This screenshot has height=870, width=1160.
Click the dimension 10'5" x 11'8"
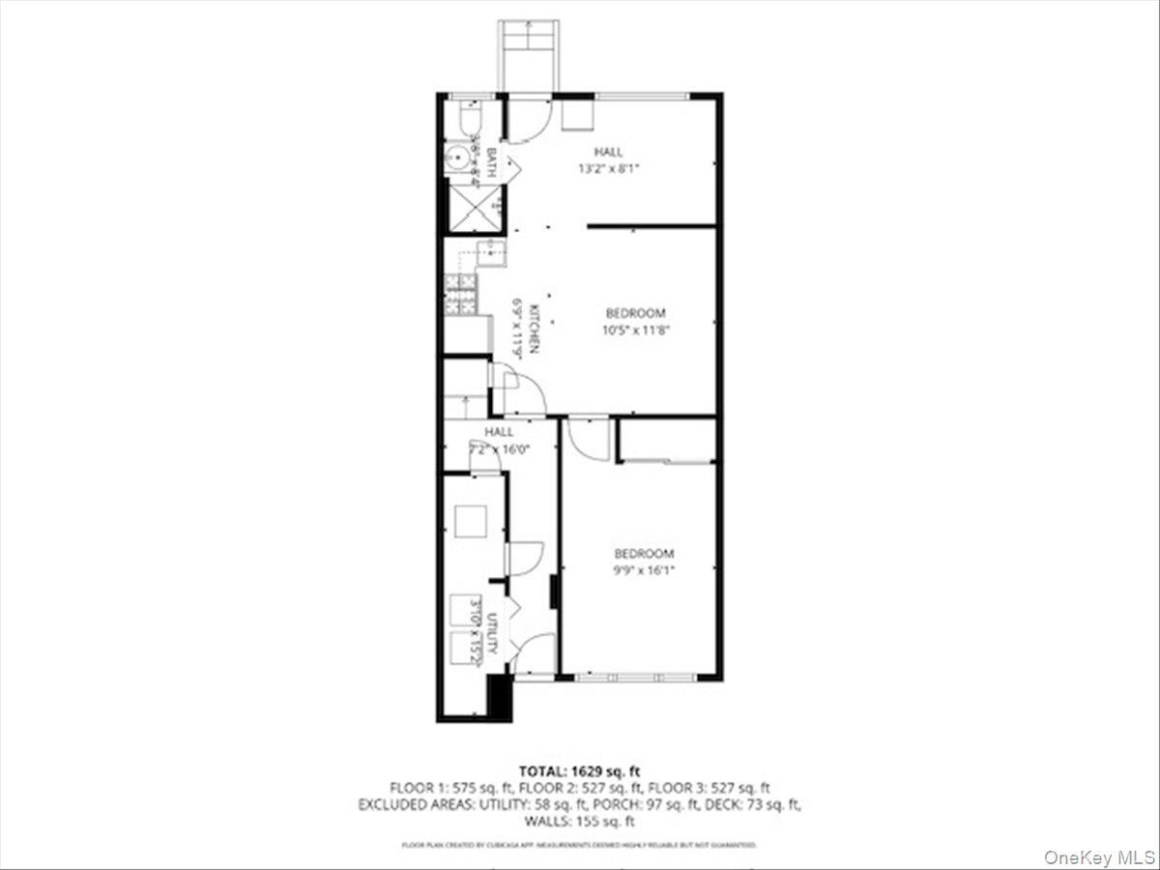point(637,329)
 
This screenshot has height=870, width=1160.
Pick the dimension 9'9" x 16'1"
point(644,569)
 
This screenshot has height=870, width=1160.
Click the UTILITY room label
point(491,632)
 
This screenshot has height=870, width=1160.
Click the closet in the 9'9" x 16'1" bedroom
point(667,441)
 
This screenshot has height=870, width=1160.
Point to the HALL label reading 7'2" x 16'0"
point(500,449)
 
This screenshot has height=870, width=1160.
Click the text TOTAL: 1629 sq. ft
point(580,770)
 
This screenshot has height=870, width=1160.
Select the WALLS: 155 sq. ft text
point(580,822)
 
